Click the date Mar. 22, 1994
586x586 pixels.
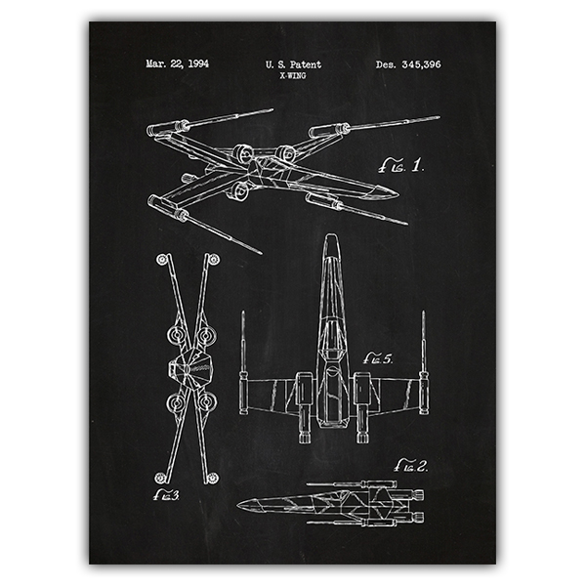(177, 63)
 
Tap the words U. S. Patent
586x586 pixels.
(293, 64)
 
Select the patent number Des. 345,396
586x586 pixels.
(408, 64)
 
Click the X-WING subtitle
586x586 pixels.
(293, 76)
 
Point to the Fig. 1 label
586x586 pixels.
(401, 165)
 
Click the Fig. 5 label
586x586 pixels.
(378, 358)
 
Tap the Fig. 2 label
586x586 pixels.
(411, 466)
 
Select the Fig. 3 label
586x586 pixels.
(166, 495)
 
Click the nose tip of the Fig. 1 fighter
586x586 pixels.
(398, 194)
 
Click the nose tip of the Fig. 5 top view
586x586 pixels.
(331, 235)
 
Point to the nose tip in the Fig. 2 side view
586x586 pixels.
(237, 505)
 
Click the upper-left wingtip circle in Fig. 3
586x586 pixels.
(162, 259)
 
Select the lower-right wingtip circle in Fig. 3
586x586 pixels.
(212, 478)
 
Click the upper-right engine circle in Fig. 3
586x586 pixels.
(206, 336)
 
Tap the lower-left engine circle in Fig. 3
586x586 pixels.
(176, 402)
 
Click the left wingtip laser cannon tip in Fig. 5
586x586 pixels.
(243, 312)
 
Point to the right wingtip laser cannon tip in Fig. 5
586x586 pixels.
(424, 313)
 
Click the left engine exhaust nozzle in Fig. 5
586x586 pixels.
(305, 437)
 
